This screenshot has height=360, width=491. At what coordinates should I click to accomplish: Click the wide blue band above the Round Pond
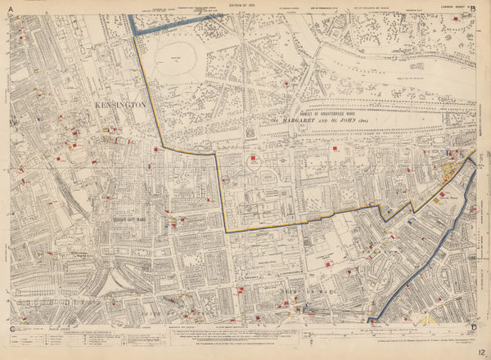tap(172, 25)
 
